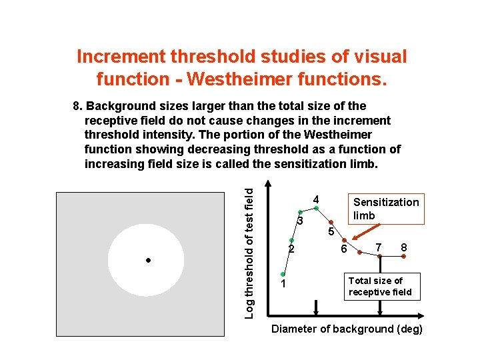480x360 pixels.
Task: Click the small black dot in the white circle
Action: click(149, 260)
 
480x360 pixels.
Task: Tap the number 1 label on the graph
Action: click(283, 285)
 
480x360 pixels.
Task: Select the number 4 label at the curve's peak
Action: click(317, 200)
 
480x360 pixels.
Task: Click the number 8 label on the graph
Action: click(404, 248)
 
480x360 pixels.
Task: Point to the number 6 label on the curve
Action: click(343, 249)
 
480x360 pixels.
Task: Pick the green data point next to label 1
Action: click(283, 274)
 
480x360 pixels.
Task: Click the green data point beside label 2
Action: click(291, 241)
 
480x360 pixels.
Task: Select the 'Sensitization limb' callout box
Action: click(385, 209)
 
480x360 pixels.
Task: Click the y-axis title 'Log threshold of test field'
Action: click(249, 251)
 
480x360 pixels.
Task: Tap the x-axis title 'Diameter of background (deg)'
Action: click(346, 329)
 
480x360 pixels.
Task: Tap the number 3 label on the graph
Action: click(301, 221)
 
